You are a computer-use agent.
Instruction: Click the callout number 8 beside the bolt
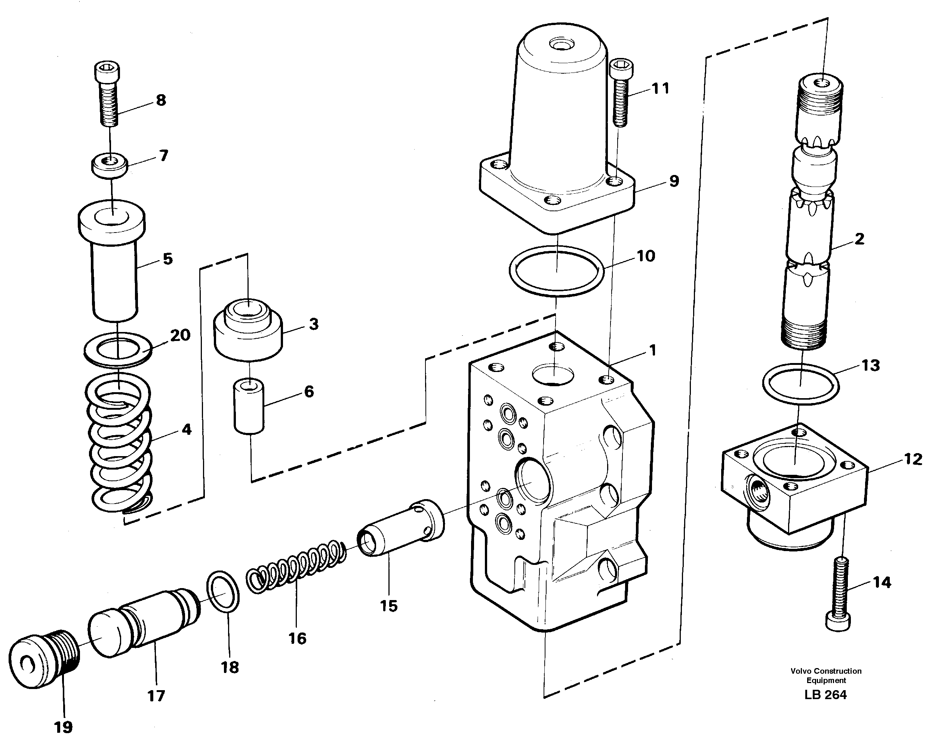point(161,100)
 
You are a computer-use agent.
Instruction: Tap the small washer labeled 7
point(109,165)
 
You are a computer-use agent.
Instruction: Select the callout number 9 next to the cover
point(674,181)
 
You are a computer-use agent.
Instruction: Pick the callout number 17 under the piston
point(156,696)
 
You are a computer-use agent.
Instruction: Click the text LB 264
point(825,695)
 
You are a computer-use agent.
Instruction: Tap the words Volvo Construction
point(826,671)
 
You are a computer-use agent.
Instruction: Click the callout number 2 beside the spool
point(859,239)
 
